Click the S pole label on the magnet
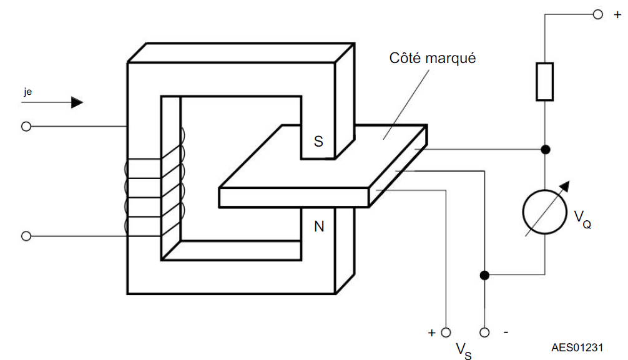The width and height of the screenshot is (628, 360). pyautogui.click(x=318, y=142)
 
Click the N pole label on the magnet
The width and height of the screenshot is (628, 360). pyautogui.click(x=319, y=226)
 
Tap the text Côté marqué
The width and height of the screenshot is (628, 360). pyautogui.click(x=432, y=59)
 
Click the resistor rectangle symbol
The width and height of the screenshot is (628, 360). pyautogui.click(x=545, y=81)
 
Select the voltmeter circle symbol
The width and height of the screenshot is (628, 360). pyautogui.click(x=545, y=212)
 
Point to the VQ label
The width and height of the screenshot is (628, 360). pyautogui.click(x=582, y=219)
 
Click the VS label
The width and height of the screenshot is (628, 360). pyautogui.click(x=464, y=351)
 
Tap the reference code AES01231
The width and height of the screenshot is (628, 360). pyautogui.click(x=577, y=347)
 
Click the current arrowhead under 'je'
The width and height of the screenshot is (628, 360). pyautogui.click(x=77, y=102)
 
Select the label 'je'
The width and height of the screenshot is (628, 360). pyautogui.click(x=27, y=92)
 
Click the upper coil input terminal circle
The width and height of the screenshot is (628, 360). pyautogui.click(x=26, y=127)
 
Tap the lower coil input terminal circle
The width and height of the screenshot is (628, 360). pyautogui.click(x=26, y=236)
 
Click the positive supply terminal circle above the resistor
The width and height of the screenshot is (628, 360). pyautogui.click(x=597, y=15)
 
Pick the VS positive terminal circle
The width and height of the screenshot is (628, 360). pyautogui.click(x=446, y=333)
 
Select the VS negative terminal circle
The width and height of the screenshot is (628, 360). pyautogui.click(x=484, y=333)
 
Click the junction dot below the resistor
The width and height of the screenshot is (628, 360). pyautogui.click(x=545, y=149)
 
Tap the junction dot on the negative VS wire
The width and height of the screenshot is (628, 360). pyautogui.click(x=484, y=275)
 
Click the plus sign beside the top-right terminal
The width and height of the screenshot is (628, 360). pyautogui.click(x=617, y=15)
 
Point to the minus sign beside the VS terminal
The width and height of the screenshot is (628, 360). pyautogui.click(x=506, y=332)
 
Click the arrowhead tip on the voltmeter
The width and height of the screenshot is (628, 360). pyautogui.click(x=569, y=182)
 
